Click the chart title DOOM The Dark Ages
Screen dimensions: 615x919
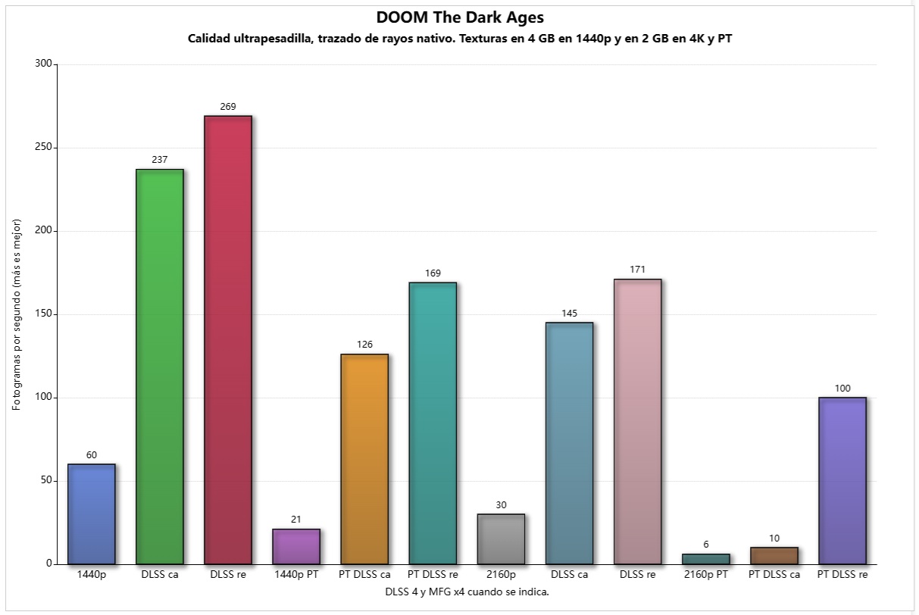click(459, 17)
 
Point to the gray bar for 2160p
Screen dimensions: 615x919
click(501, 539)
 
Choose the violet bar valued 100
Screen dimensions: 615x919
click(842, 480)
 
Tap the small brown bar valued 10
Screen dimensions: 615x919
click(774, 555)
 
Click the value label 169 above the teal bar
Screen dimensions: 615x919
click(433, 273)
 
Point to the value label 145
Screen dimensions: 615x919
click(569, 314)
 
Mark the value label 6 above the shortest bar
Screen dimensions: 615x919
click(705, 545)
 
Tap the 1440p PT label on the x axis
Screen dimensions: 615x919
click(296, 575)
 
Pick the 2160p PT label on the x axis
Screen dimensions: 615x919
click(705, 575)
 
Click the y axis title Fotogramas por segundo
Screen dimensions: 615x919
click(17, 314)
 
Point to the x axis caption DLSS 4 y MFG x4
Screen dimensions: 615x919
click(467, 592)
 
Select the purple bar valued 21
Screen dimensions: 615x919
click(296, 546)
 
